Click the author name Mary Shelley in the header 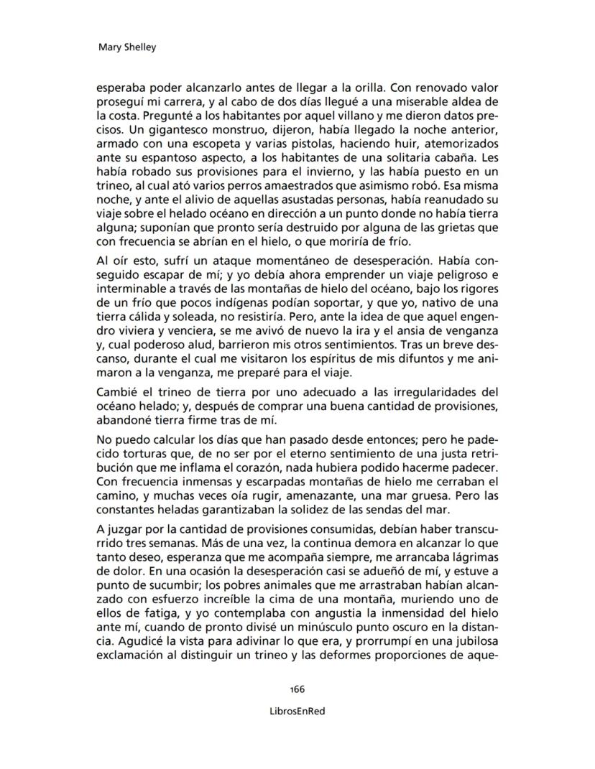(x=126, y=48)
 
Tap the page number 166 (x=297, y=689)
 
